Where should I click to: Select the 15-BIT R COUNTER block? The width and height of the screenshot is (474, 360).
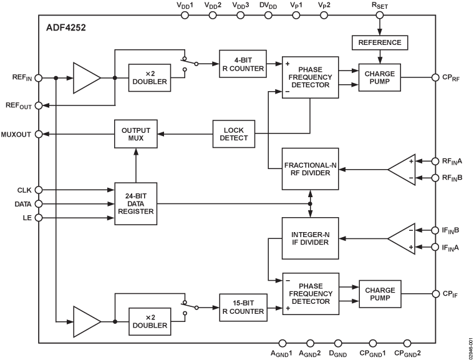pos(242,306)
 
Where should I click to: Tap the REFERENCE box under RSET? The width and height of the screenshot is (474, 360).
pos(380,42)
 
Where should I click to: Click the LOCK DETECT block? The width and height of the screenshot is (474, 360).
pos(235,134)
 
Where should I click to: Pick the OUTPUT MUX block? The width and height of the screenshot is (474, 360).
pos(136,134)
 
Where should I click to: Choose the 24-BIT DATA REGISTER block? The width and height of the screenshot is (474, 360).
pos(136,204)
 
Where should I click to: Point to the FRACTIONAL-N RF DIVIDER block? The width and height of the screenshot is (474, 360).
pos(310,168)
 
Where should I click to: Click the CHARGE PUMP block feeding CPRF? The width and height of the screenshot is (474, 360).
pos(380,77)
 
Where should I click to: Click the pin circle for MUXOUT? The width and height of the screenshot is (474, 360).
pos(39,134)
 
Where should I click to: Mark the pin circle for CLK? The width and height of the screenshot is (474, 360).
pos(39,190)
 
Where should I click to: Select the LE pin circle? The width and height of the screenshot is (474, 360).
pos(39,218)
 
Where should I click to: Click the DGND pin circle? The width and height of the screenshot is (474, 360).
pos(337,343)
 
